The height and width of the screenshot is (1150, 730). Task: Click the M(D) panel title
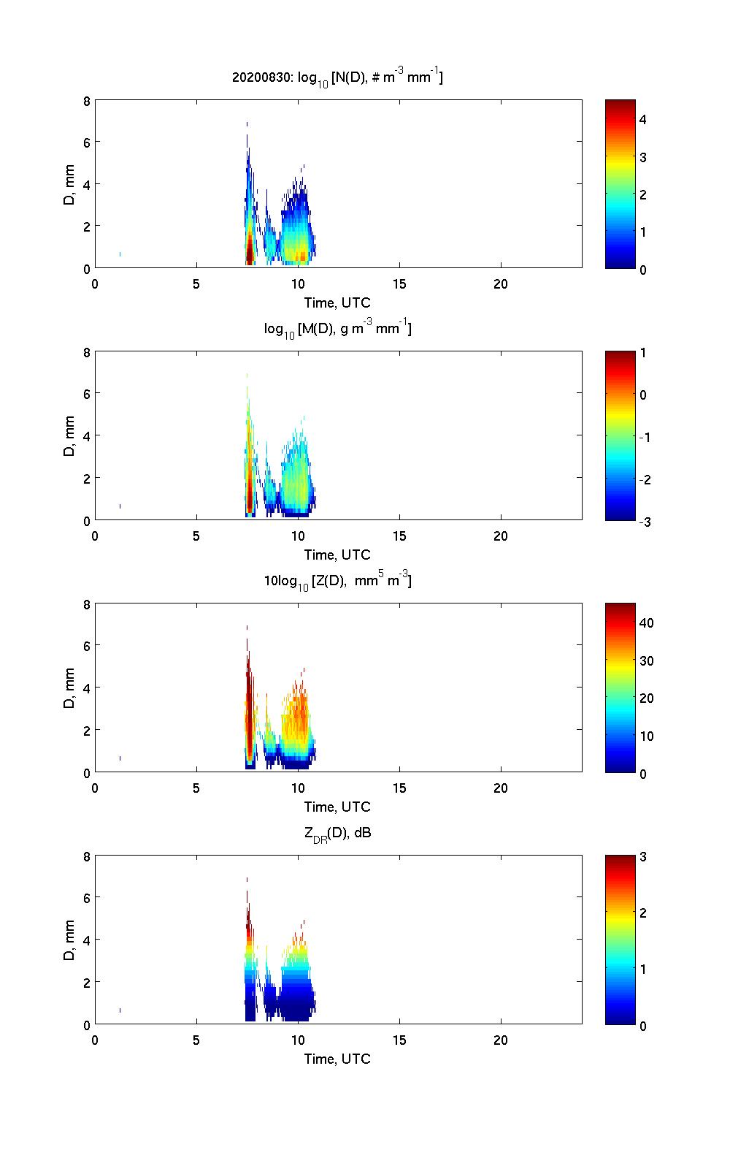337,330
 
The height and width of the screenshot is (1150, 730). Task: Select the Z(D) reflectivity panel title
337,582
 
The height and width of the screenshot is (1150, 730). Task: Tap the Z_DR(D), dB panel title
337,833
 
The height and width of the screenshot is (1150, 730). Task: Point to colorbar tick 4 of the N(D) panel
643,119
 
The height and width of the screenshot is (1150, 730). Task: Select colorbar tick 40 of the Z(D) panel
646,623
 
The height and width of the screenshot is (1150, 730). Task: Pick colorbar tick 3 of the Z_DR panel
643,857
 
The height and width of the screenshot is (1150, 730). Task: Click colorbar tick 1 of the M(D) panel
643,353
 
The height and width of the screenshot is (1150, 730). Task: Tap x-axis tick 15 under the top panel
399,284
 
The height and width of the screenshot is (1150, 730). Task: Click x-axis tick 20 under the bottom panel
501,1040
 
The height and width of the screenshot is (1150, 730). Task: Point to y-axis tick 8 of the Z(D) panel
86,604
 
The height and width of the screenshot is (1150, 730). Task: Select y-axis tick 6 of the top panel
86,142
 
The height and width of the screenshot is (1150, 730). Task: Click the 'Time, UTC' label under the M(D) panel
337,555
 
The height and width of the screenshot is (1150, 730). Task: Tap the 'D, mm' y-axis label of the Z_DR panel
70,940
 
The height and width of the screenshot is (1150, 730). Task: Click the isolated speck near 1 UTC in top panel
120,254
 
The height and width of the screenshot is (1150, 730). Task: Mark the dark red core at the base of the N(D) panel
250,252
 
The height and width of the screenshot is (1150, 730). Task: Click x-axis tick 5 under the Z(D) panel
196,788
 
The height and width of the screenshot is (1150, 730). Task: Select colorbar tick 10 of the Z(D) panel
646,736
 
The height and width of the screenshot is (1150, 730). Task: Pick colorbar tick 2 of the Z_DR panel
643,913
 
